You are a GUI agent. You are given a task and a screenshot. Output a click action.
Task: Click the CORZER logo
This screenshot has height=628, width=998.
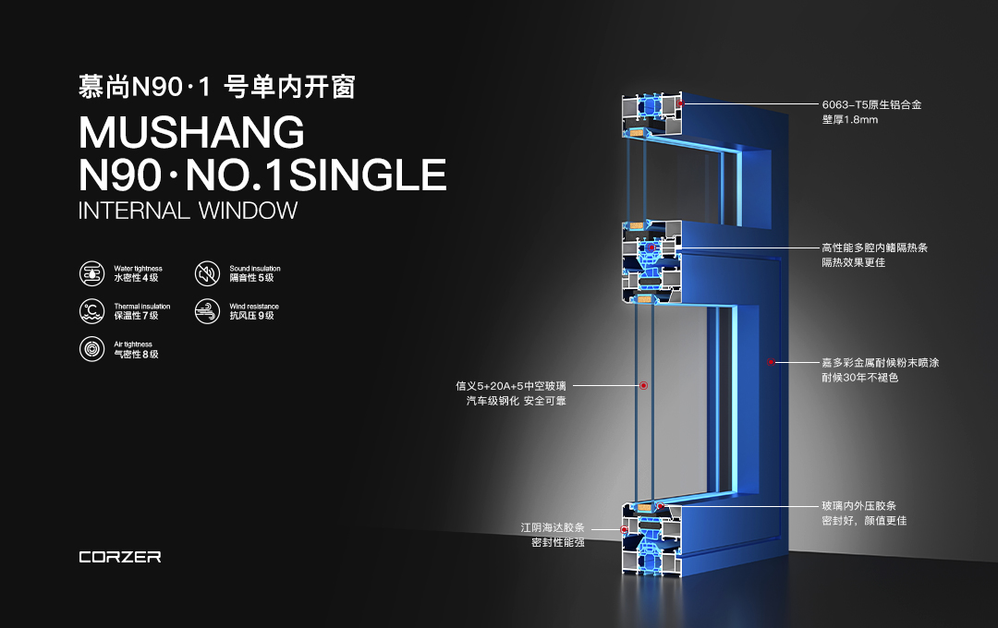(x=119, y=558)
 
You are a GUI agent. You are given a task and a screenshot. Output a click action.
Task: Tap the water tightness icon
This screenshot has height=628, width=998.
(x=91, y=273)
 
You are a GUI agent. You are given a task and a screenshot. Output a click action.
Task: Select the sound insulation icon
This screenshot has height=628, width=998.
(x=207, y=273)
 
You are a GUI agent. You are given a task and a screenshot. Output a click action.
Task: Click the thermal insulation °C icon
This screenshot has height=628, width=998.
(x=91, y=311)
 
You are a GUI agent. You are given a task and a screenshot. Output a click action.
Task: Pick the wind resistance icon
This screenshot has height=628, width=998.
(x=207, y=311)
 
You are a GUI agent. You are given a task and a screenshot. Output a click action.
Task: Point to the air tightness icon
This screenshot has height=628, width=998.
(x=91, y=349)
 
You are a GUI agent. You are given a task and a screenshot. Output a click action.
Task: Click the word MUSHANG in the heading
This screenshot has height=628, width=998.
(x=191, y=132)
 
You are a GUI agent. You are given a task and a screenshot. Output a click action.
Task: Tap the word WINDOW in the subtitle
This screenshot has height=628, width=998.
(x=248, y=211)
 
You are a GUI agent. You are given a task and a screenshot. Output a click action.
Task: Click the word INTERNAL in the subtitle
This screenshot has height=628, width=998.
(x=134, y=211)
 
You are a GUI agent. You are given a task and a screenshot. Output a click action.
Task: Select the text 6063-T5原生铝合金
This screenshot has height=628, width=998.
(x=871, y=105)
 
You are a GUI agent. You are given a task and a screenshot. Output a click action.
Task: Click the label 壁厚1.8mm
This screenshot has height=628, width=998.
(x=850, y=120)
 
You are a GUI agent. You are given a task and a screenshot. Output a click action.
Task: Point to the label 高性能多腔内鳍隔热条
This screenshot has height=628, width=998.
(x=874, y=248)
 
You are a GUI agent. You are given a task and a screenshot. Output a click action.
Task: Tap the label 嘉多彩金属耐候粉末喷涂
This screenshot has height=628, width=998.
(x=881, y=363)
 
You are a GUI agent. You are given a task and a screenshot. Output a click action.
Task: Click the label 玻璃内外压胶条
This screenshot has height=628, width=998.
(x=858, y=506)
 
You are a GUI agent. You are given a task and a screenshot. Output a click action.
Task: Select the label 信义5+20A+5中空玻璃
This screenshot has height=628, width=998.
(x=510, y=386)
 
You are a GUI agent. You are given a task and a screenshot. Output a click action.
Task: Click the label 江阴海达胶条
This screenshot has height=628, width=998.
(x=553, y=527)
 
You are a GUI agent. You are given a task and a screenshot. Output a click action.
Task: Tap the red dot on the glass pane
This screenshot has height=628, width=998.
(x=643, y=386)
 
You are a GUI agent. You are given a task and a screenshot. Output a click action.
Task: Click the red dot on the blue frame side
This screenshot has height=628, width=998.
(x=771, y=362)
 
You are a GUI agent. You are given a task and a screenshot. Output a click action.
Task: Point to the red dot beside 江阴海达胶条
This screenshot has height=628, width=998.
(x=624, y=529)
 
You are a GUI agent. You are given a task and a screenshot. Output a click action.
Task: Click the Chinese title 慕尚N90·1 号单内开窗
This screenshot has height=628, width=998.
(x=216, y=87)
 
